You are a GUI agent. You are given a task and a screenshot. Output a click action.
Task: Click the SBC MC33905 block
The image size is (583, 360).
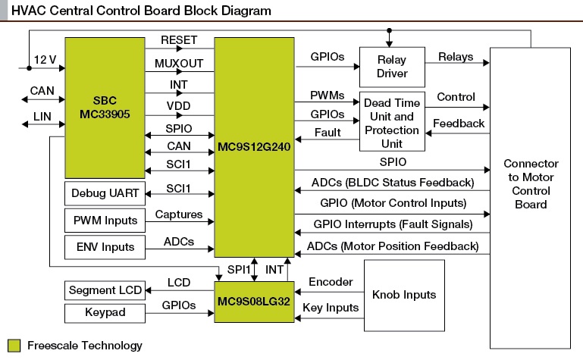click(105, 108)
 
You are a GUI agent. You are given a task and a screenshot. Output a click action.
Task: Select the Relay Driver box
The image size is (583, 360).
click(392, 67)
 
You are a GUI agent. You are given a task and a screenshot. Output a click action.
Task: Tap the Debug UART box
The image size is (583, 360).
click(105, 193)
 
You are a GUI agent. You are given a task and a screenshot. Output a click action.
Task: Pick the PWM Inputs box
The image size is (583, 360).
click(105, 221)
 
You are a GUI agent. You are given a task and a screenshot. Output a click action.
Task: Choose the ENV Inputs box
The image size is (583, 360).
click(105, 247)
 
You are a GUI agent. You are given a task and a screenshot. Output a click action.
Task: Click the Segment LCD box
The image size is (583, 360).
click(105, 290)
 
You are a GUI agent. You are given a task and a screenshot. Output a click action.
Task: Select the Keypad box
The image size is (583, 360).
click(105, 313)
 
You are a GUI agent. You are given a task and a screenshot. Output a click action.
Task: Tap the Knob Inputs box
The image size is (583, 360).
click(404, 296)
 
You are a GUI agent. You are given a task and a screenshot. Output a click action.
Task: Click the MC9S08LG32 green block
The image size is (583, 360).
click(254, 302)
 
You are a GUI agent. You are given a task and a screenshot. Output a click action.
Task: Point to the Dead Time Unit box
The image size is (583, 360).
click(392, 121)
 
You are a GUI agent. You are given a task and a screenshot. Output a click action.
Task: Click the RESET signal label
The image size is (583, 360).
click(179, 40)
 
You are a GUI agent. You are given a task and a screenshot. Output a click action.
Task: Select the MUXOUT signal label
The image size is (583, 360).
click(179, 64)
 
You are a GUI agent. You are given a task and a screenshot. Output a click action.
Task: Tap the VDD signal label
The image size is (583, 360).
click(178, 106)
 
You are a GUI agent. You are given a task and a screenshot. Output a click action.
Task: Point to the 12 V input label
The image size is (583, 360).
click(45, 59)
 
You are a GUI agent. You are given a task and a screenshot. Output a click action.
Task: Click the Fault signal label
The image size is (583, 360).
click(328, 133)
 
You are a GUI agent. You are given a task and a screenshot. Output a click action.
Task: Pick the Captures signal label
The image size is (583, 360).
click(179, 214)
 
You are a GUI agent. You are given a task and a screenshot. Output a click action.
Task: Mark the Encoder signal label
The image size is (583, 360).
click(331, 282)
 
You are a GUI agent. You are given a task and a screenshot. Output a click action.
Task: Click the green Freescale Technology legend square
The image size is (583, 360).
click(14, 346)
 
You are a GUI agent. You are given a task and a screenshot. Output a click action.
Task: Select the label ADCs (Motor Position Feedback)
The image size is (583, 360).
click(393, 246)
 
